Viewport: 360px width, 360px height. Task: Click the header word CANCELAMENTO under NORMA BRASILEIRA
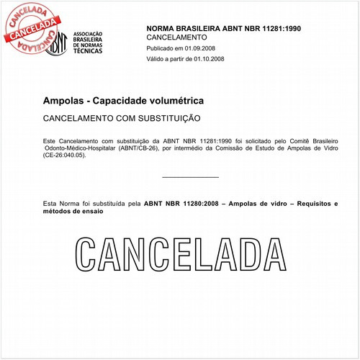[x=176, y=37]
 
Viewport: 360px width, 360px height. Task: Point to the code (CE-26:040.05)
[x=68, y=155]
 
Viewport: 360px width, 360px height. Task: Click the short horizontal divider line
[x=191, y=176]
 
